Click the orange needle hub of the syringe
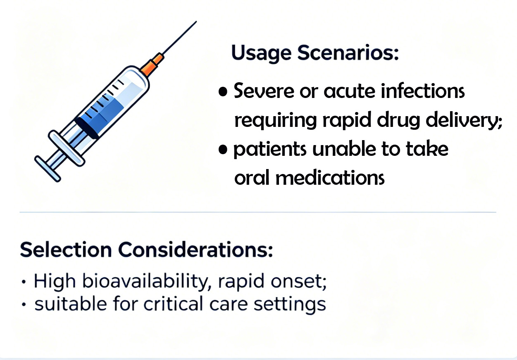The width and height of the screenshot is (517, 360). (152, 65)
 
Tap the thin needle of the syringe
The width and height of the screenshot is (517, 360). (179, 38)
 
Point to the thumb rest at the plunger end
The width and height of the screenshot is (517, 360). (48, 169)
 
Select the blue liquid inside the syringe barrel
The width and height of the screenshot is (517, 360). (103, 110)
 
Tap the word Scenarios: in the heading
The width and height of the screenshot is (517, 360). (348, 52)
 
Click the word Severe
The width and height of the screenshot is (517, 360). (264, 91)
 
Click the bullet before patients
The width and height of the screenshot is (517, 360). (223, 149)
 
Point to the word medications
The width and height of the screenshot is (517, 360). (330, 177)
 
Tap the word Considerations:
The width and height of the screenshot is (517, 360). (195, 250)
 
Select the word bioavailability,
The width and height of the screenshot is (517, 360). (147, 281)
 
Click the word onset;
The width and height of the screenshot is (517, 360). (299, 281)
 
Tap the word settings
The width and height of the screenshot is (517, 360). (290, 305)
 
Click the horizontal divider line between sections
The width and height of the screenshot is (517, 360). (258, 212)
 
